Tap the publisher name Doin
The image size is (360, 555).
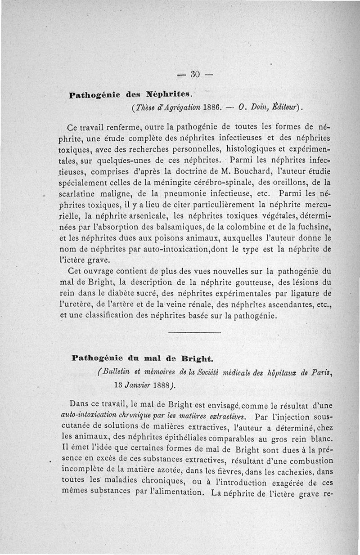(x=258, y=108)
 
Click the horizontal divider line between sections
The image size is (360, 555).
(x=194, y=332)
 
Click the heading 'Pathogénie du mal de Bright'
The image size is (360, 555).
(x=142, y=359)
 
